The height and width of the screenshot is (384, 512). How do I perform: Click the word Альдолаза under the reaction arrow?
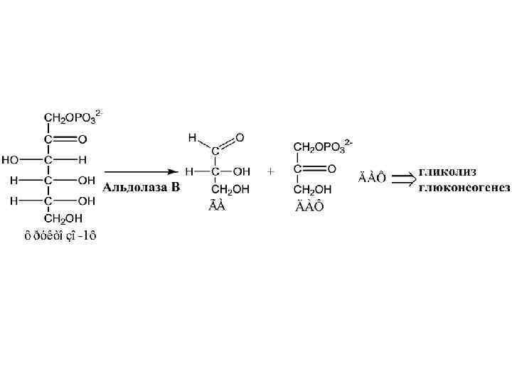pos(130,188)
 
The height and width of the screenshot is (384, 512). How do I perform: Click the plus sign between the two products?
pos(270,172)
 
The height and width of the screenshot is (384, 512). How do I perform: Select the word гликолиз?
pos(447,172)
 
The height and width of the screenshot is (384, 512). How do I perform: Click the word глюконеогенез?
pos(464,188)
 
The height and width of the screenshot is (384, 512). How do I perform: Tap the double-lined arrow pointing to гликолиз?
pos(403,178)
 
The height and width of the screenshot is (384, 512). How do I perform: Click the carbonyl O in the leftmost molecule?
pos(82,139)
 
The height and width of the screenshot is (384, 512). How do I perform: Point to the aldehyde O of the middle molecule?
pos(240,137)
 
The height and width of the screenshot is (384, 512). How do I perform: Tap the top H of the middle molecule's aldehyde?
pos(191,137)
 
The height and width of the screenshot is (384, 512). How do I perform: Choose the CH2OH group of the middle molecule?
pos(230,188)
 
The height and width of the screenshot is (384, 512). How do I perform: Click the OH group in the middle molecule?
pos(242,171)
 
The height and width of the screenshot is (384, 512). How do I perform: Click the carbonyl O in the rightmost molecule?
pos(331,169)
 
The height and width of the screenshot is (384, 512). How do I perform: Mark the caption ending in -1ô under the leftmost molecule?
pos(60,237)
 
